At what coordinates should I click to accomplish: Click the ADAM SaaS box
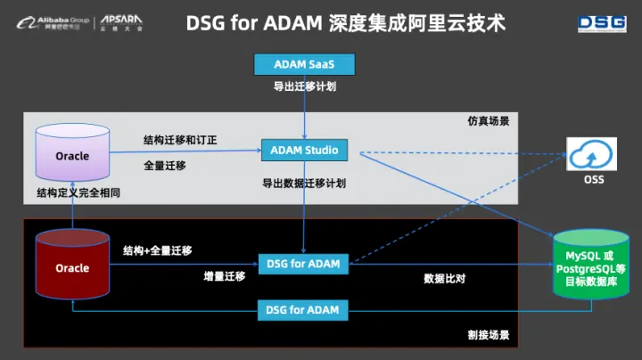tap(304, 64)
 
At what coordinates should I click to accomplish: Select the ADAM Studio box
tap(304, 150)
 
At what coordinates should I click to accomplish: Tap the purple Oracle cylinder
tap(72, 155)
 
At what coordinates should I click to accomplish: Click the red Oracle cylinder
tap(72, 266)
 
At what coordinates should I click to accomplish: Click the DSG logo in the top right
tap(602, 23)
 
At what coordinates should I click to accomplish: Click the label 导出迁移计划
tap(304, 87)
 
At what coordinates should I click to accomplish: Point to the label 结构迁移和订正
tap(180, 140)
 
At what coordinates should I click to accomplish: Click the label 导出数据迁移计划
tap(304, 183)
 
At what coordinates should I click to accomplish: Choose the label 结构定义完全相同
tap(78, 192)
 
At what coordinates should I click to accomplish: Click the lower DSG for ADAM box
tap(303, 310)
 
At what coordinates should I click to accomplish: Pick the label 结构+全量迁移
tap(158, 250)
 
